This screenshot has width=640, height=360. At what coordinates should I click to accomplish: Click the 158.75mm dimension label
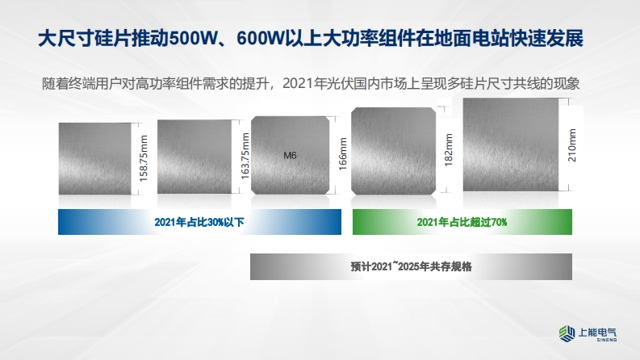pos(144,158)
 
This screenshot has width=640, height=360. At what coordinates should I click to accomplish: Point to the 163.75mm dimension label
pos(245,156)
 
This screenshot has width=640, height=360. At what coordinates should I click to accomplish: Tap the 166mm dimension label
pos(343,154)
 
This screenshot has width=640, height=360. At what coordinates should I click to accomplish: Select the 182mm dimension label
pos(449,150)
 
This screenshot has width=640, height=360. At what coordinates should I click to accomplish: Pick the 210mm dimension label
pos(572,145)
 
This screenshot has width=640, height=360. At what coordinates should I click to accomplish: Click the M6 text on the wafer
pos(290,156)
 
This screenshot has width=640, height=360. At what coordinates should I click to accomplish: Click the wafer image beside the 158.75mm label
pos(95,159)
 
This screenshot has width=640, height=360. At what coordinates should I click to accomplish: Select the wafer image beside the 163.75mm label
pos(195,157)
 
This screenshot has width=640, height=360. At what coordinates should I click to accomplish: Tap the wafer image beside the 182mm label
pos(394,151)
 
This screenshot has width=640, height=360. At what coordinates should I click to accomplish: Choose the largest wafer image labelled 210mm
pos(511,144)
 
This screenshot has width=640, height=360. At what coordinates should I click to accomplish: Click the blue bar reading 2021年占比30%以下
pos(199,222)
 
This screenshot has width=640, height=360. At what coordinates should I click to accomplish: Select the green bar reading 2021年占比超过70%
pos(462,222)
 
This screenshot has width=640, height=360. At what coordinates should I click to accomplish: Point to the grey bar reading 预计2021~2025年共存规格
pos(411,266)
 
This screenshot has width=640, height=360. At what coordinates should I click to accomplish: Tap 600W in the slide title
pos(260,40)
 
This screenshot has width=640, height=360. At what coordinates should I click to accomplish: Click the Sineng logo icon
pos(567,333)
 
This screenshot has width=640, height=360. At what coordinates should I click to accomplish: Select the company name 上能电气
pos(597,332)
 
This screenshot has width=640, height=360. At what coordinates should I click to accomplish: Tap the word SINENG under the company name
pos(607,340)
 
